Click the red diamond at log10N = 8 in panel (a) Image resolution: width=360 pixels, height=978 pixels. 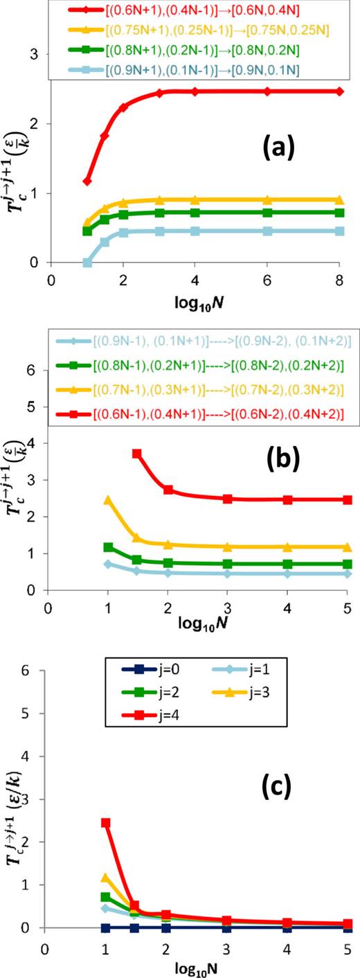(x=339, y=91)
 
